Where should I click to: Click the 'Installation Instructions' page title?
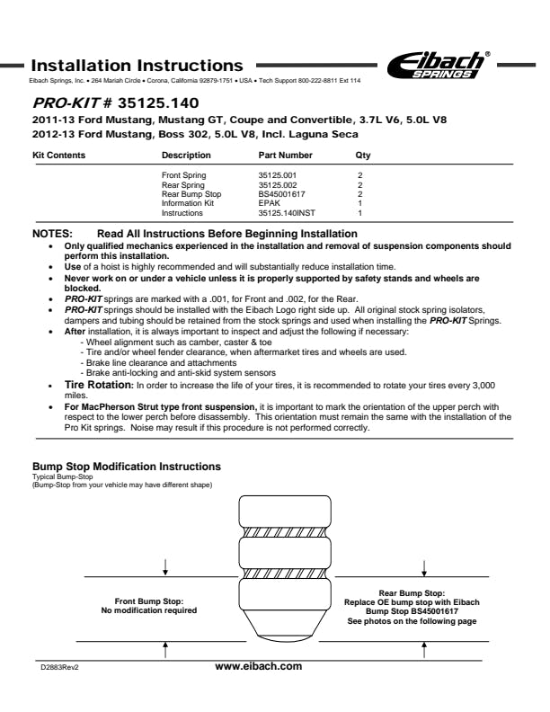(137, 66)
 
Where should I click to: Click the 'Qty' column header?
(362, 156)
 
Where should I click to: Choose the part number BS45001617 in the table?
(281, 194)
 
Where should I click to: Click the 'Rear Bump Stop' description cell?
(191, 194)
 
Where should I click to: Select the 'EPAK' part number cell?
(269, 203)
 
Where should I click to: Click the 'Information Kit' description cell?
(187, 203)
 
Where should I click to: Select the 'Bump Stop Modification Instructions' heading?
(126, 467)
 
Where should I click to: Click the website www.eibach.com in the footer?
(259, 666)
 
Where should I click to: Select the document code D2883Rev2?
(59, 668)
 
